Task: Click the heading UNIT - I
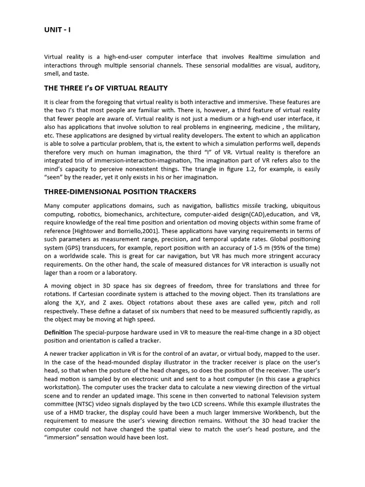point(57,30)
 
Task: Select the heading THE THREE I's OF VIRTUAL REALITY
point(106,88)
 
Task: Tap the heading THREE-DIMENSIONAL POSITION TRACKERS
point(120,192)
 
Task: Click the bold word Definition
point(58,332)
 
